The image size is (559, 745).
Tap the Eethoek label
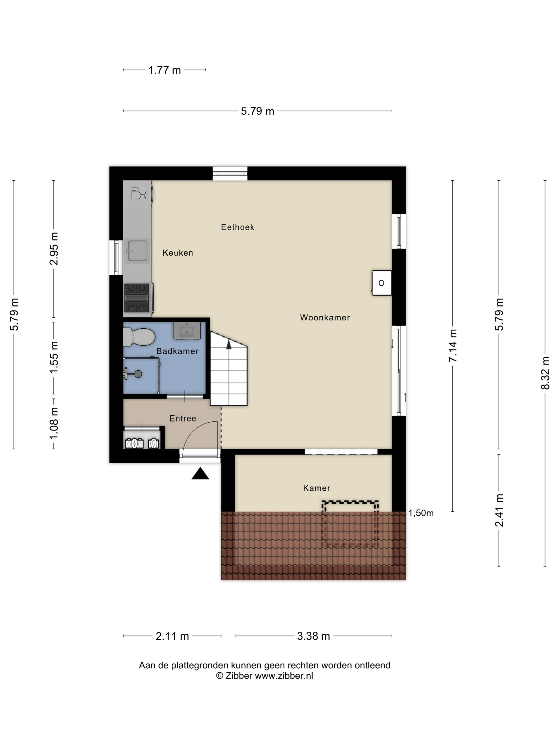point(237,227)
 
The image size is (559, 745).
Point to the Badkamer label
point(178,351)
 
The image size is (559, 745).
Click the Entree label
point(183,418)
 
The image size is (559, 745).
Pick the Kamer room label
point(317,488)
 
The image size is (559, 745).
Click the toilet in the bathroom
point(138,337)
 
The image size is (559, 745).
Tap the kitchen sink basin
point(137,250)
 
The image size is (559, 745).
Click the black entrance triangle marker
point(200,474)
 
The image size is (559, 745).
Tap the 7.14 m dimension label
point(453,346)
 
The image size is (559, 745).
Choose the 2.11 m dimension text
point(172,636)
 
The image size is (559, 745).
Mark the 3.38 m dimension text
point(313,636)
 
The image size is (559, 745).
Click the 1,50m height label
point(421,513)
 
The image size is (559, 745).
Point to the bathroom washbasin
point(187,331)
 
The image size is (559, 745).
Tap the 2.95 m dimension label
point(54,249)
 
